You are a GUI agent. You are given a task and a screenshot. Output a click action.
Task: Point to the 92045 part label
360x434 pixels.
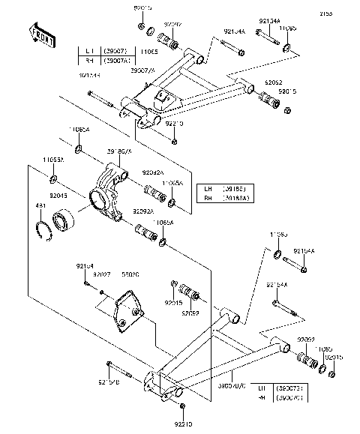pyautogui.click(x=59, y=195)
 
